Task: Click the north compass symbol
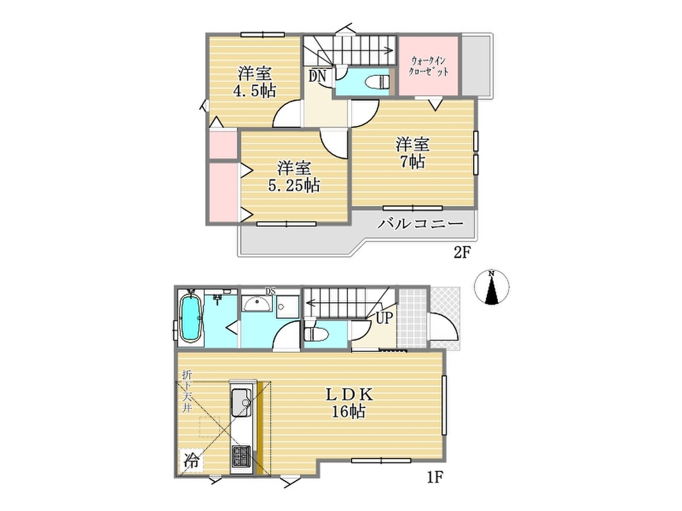pos(492,287)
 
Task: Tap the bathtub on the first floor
pos(190,319)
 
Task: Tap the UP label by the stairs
pos(384,318)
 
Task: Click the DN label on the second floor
pos(318,77)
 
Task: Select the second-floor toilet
pos(378,81)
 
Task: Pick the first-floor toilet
pos(314,335)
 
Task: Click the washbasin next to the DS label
pos(257,303)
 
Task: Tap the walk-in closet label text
pos(429,66)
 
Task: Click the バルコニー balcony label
pos(420,224)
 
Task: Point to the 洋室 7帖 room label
pos(412,153)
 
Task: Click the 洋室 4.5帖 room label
pos(255,82)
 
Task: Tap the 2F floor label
pos(463,252)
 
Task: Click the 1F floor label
pos(435,478)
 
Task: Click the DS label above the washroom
pos(270,291)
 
